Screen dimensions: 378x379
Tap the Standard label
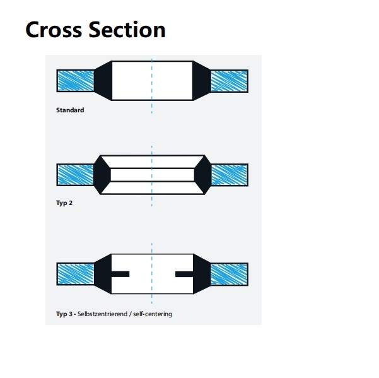coord(70,110)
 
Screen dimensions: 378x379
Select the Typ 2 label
coord(65,203)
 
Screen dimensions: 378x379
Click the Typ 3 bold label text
coord(65,314)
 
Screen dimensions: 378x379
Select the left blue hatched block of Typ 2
coord(75,174)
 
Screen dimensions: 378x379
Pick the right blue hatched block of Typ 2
coord(228,174)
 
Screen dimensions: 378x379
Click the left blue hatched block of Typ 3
coord(75,273)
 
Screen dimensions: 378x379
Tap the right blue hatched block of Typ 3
coord(228,273)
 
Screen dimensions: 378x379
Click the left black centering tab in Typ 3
coord(120,273)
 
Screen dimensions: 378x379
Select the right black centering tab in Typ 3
coord(184,273)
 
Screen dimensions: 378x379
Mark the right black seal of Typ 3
coord(202,273)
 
